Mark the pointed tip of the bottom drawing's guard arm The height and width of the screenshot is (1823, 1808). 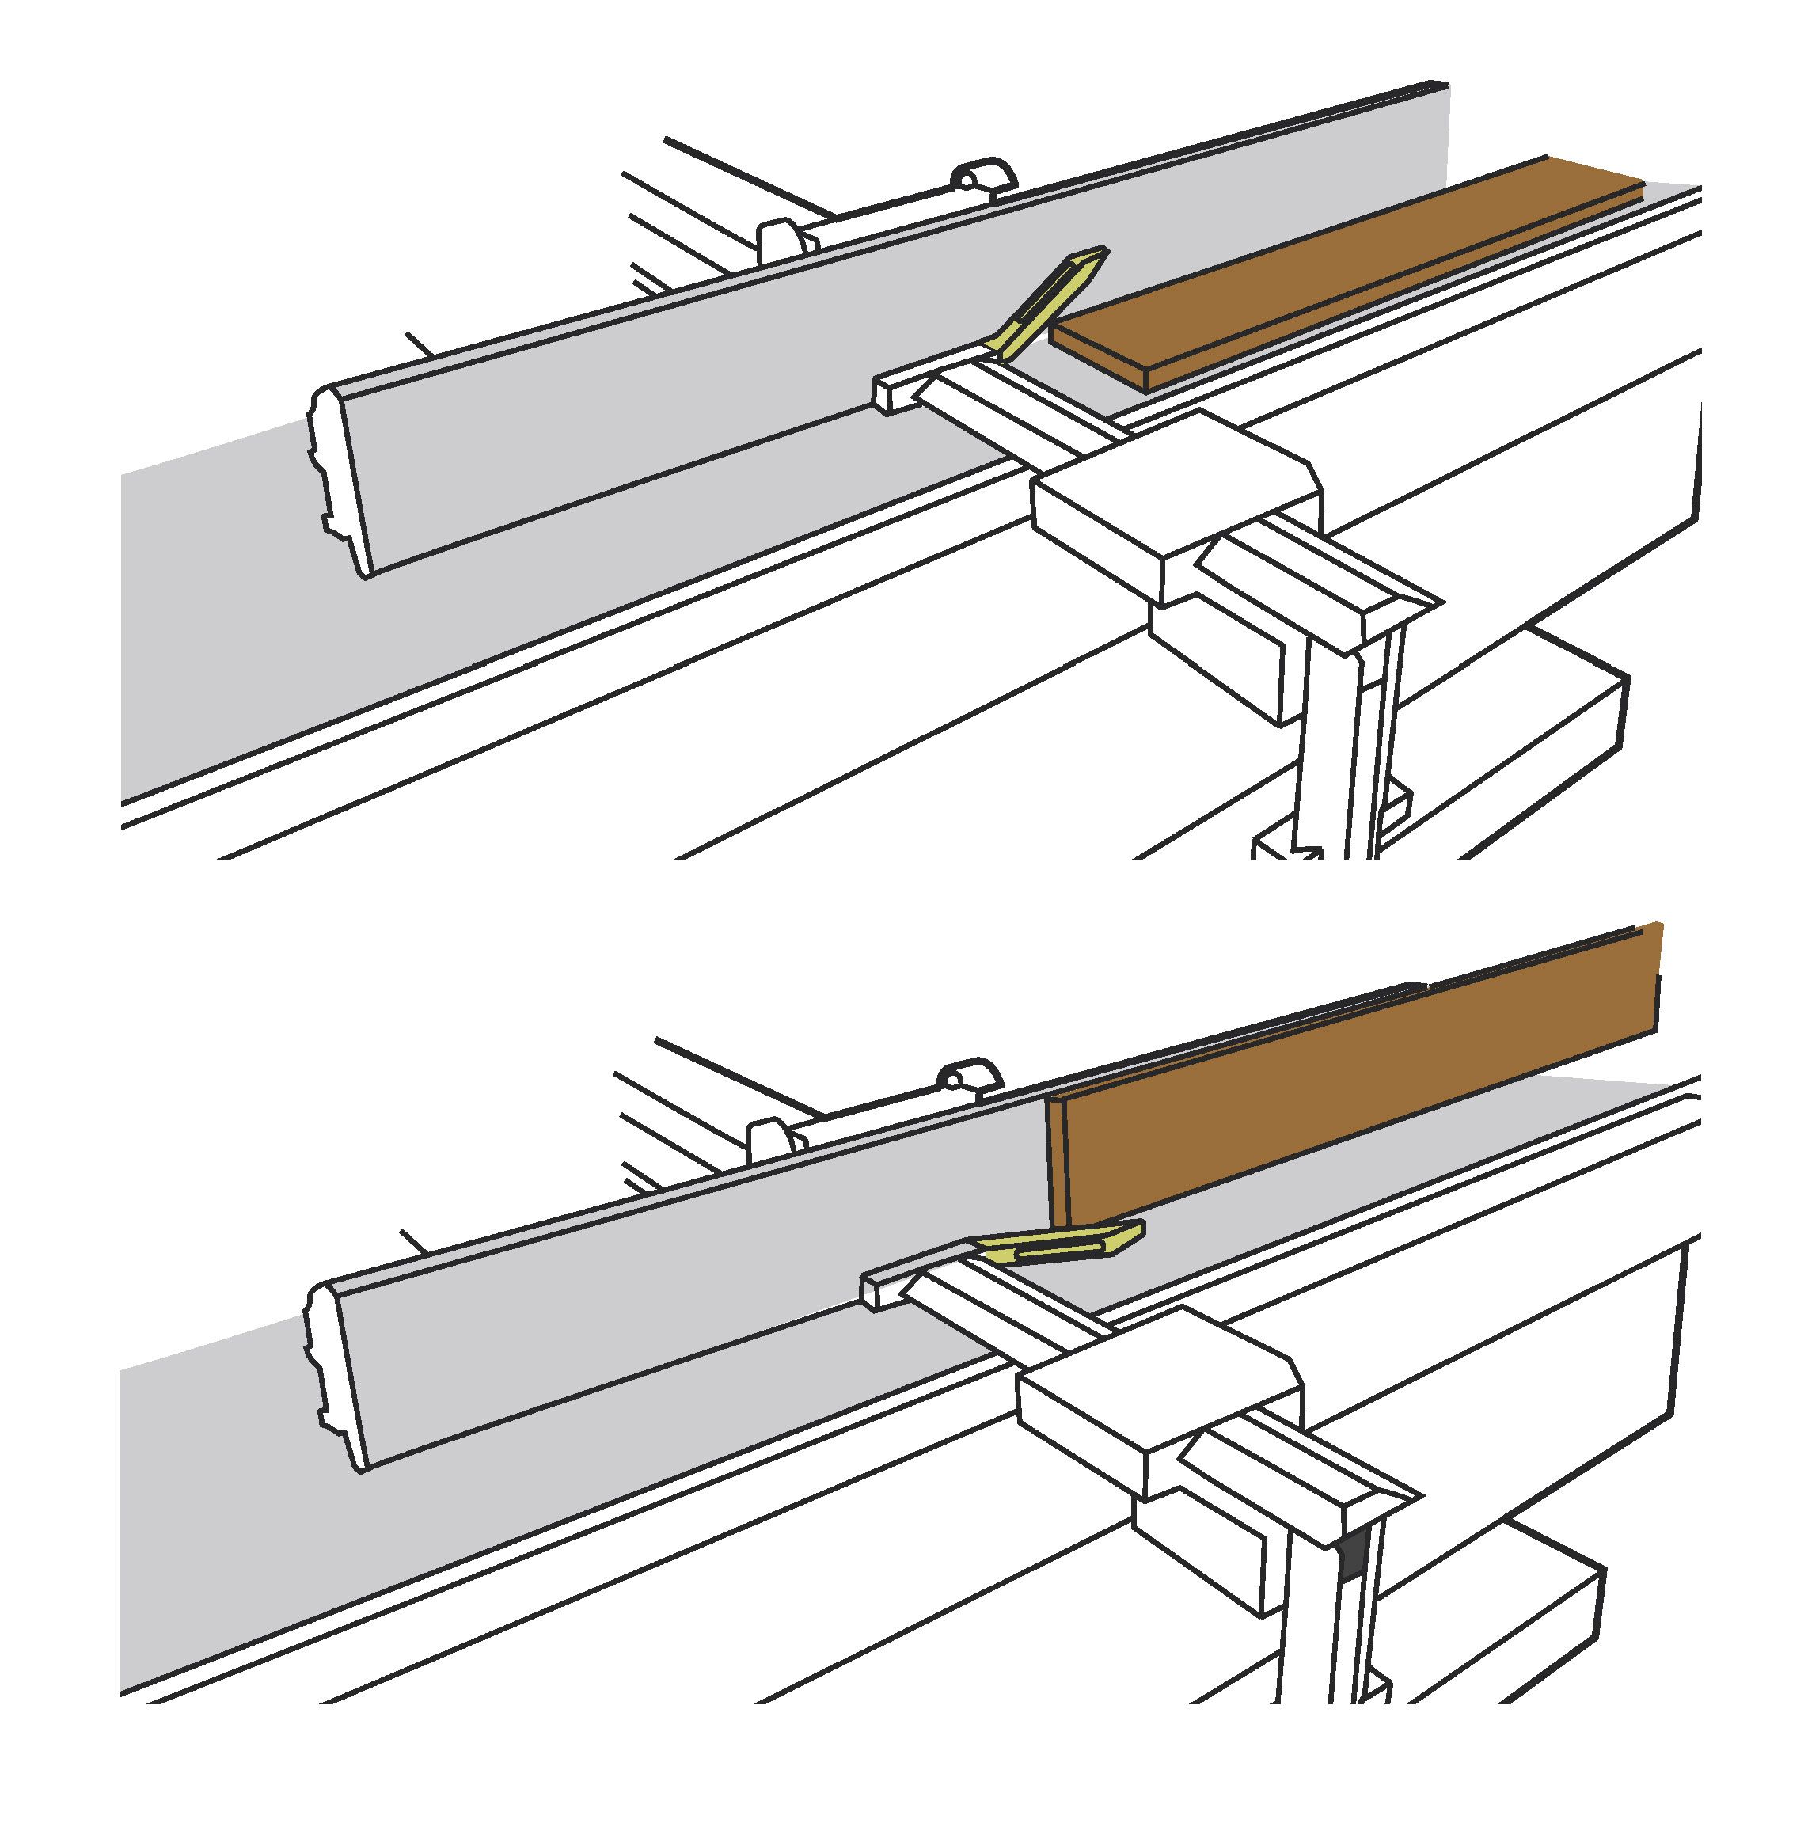point(1139,1229)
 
